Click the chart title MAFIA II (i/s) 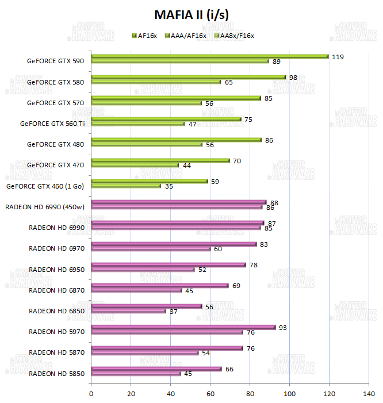click(191, 14)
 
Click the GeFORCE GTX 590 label click(55, 61)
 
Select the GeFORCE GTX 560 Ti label click(52, 123)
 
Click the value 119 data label click(338, 56)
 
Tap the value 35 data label click(169, 186)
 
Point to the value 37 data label click(173, 311)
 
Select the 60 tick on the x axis click(210, 394)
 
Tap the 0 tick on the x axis click(91, 394)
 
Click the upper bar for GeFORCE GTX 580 click(188, 77)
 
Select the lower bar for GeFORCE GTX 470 click(135, 165)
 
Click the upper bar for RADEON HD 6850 click(147, 306)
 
